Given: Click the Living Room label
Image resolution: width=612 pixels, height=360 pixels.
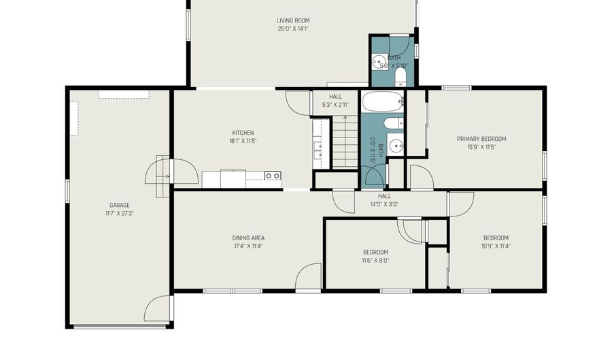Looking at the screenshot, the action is point(293,20).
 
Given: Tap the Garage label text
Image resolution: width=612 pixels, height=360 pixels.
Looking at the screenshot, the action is point(120,205).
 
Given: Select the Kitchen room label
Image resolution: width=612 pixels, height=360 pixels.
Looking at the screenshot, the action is point(243,133).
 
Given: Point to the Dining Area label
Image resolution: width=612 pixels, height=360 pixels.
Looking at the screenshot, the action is point(248,238).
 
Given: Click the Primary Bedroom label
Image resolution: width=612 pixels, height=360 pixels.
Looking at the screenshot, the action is point(481,139).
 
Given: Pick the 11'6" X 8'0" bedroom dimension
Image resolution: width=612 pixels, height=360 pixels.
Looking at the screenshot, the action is point(375,261).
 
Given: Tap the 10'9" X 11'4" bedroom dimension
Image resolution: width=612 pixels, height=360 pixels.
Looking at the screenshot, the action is point(496,246).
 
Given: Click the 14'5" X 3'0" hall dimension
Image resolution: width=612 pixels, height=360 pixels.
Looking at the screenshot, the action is point(384,203).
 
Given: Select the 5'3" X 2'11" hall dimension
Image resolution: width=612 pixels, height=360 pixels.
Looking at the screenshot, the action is point(335,105).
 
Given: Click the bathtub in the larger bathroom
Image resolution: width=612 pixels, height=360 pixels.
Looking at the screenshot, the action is point(382,102).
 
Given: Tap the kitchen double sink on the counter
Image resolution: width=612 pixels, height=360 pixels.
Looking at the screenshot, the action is point(273,176).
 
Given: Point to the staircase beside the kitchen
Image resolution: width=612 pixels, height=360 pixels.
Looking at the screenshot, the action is point(345,142).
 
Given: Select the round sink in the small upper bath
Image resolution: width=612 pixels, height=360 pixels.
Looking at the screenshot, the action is point(379,62).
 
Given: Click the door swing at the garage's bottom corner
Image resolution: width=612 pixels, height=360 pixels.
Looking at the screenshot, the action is point(158,308).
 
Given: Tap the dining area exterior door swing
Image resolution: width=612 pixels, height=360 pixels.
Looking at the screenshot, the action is point(308,277).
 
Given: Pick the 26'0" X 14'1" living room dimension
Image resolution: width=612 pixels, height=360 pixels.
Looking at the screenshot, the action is point(293,29).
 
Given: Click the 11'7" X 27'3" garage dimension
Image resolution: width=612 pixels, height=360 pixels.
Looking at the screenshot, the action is point(120,213).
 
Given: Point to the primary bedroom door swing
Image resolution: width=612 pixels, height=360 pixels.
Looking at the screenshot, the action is point(422,176).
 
